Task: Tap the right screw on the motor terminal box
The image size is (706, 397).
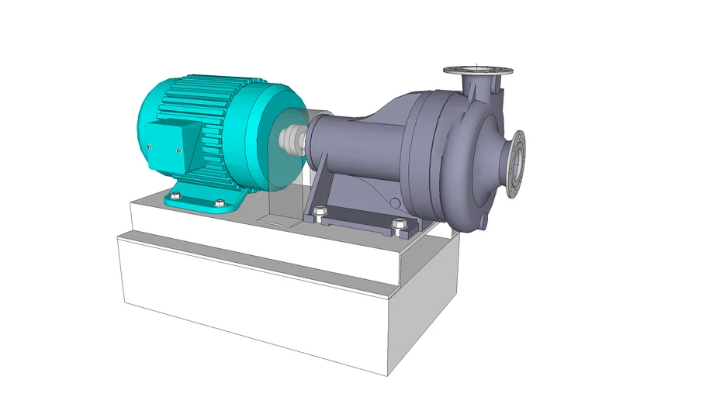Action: click(179, 151)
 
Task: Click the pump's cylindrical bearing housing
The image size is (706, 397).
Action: click(349, 143)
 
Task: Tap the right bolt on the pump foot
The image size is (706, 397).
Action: click(399, 224)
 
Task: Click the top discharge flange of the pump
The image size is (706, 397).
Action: click(479, 71)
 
